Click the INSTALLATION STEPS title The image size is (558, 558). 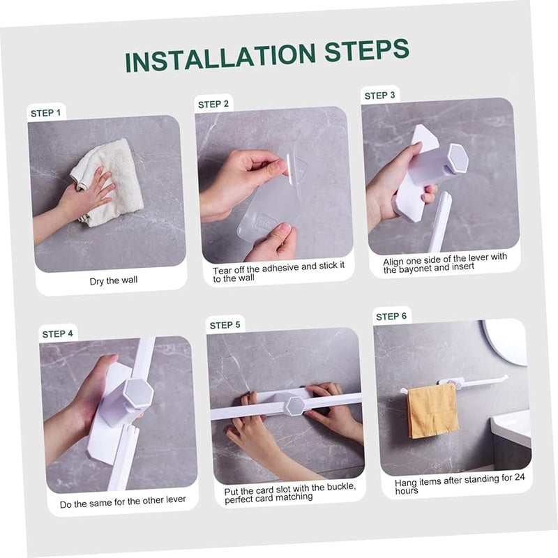266,55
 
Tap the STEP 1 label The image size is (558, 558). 46,112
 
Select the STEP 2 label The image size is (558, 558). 213,104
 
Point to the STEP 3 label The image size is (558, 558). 379,95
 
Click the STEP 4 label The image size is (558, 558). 57,333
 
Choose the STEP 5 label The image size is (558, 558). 225,325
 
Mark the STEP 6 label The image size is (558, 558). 391,316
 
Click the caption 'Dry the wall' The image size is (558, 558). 114,281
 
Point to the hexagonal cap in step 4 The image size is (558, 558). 137,394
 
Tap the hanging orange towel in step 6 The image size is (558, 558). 432,410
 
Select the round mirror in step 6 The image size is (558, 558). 508,340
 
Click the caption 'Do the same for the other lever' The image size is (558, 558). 123,504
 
